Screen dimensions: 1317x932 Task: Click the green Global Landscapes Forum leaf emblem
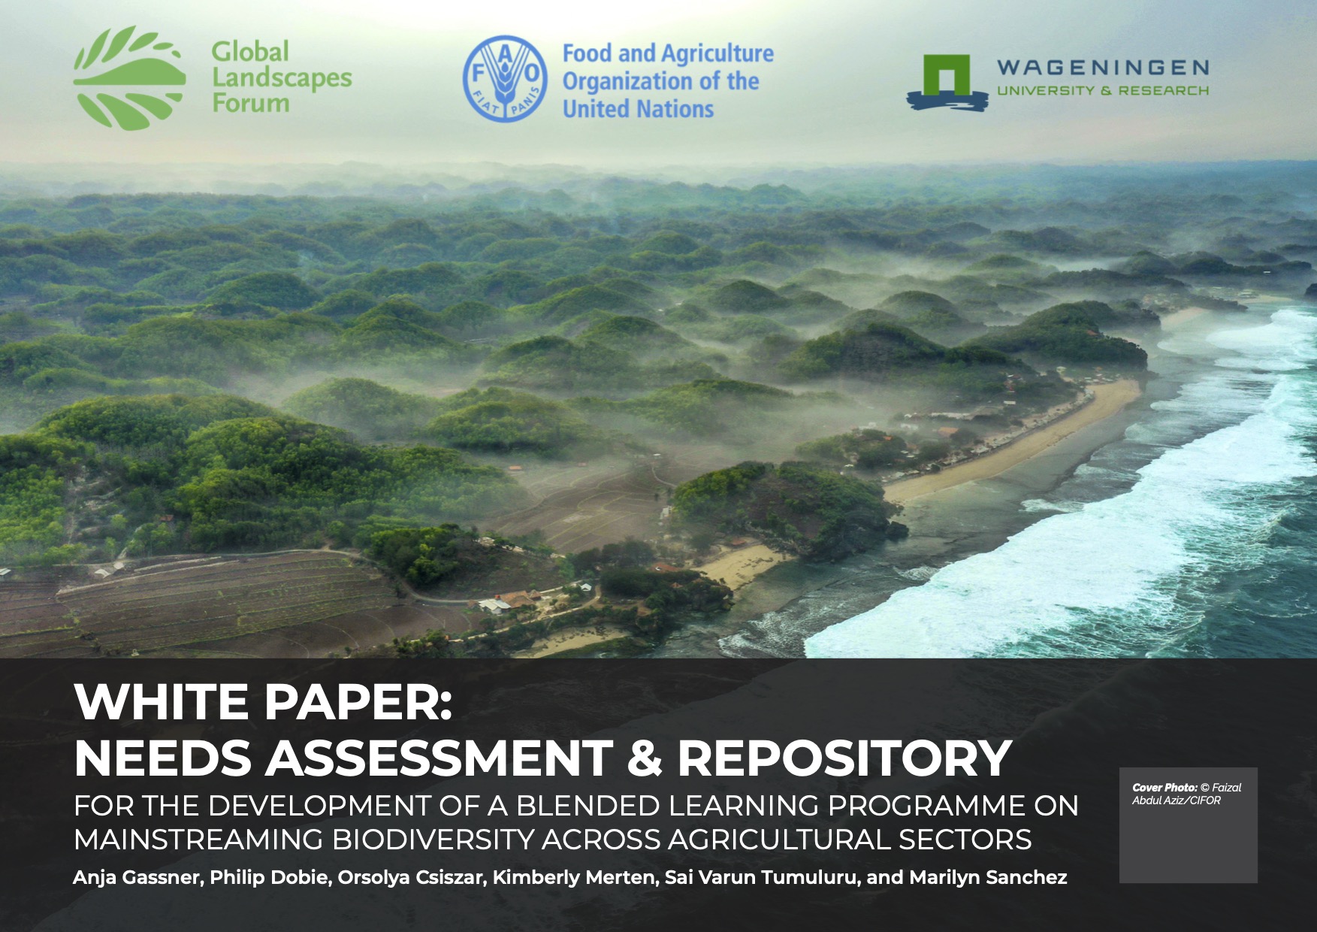pos(130,78)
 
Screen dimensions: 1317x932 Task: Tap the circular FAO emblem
pos(505,79)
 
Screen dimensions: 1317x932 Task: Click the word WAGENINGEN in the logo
pos(1103,68)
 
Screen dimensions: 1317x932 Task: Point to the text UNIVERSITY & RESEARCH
pos(1103,91)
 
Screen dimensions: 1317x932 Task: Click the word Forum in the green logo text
pos(250,102)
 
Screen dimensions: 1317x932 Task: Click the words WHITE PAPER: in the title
pos(263,701)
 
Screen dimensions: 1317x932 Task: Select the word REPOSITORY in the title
pos(844,758)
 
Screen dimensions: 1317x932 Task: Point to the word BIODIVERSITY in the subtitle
pos(433,839)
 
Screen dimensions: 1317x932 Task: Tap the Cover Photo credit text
pos(1186,794)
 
